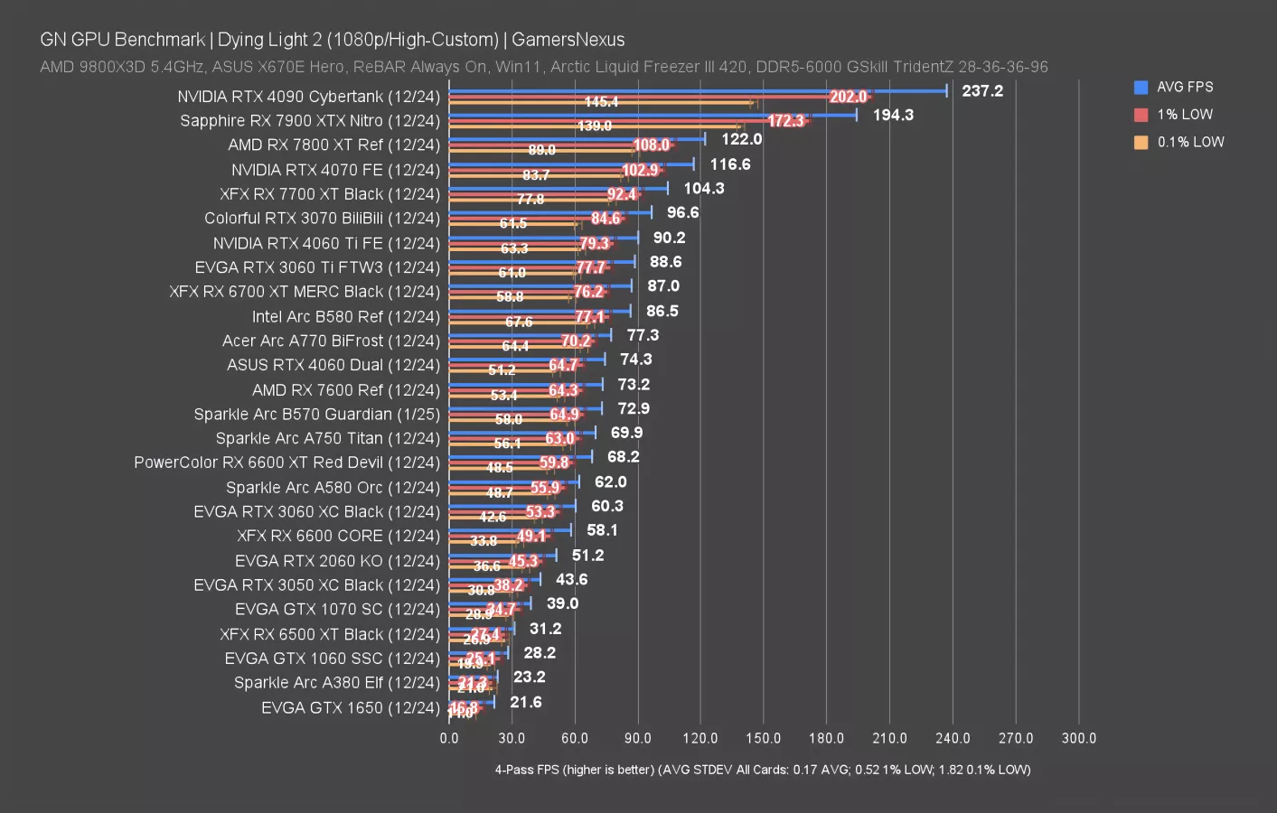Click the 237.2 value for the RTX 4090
(x=982, y=90)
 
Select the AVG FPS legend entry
(x=1184, y=87)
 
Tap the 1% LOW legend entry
(x=1184, y=115)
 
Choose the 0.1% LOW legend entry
(x=1190, y=142)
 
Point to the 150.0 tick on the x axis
(x=763, y=738)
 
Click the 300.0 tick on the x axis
(x=1078, y=738)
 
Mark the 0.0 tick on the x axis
(x=449, y=738)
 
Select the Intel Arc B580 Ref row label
(x=345, y=317)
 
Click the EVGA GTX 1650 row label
(x=350, y=708)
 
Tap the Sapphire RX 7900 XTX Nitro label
(x=309, y=121)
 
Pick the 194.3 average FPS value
(x=893, y=115)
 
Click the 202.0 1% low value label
(x=848, y=97)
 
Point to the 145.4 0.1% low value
(x=601, y=102)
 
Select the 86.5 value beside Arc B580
(x=662, y=311)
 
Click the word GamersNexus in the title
(x=568, y=40)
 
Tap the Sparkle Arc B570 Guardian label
(x=316, y=415)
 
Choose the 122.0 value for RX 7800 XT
(x=741, y=139)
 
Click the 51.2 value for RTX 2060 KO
(x=587, y=556)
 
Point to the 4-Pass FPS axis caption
(x=762, y=770)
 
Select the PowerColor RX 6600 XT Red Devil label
(x=286, y=463)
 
